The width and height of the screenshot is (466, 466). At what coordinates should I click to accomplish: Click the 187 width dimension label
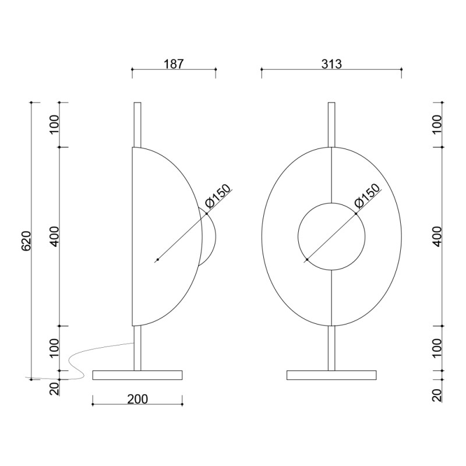coord(174,64)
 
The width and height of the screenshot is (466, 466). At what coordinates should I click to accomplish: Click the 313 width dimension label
coord(331,64)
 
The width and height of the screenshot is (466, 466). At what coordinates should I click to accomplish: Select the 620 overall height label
coord(26,241)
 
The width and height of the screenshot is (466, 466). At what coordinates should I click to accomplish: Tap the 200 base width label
coord(137,399)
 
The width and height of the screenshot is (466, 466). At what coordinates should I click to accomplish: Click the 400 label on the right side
coord(437,236)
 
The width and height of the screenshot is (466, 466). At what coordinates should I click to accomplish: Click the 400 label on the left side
coord(54,236)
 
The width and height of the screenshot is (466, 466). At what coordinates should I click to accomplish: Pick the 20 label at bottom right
coord(437,396)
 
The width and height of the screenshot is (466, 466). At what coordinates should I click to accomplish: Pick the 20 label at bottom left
coord(54,389)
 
